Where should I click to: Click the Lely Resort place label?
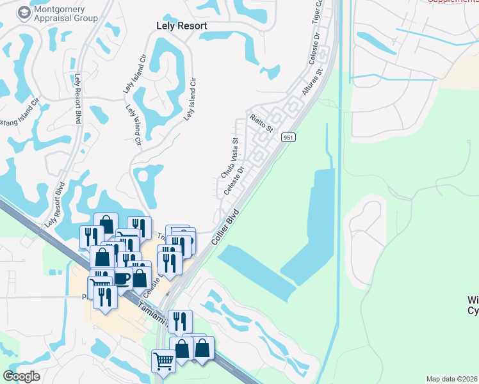pos(182,26)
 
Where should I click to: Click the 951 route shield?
pos(289,138)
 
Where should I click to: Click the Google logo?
pos(21,376)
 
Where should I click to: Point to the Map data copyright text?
pos(452,379)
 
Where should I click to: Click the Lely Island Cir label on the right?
pos(190,99)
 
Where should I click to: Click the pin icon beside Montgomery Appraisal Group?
pos(24,13)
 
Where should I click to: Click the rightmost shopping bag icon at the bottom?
pos(202,349)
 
